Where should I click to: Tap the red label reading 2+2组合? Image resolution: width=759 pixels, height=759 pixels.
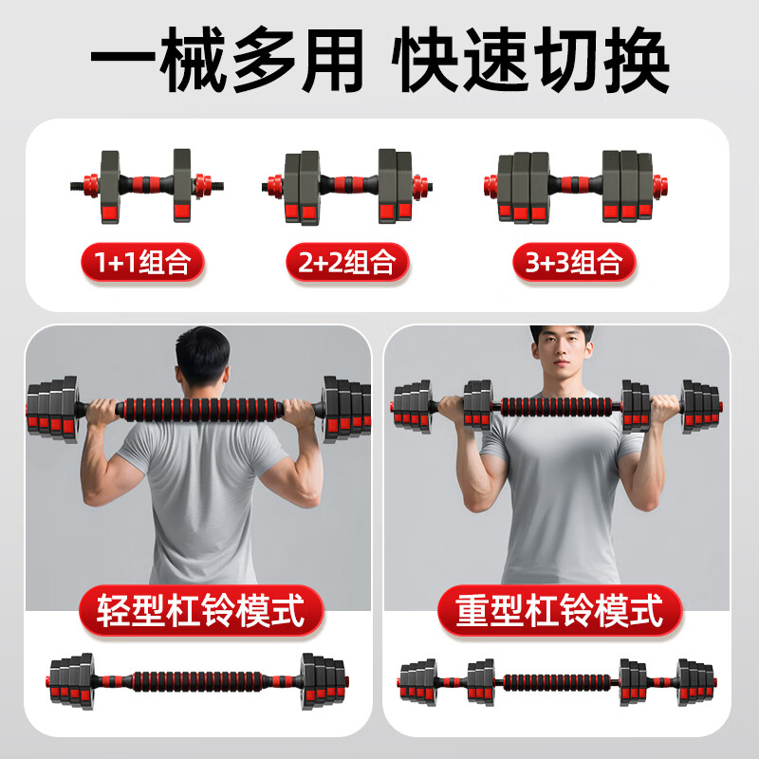tap(347, 261)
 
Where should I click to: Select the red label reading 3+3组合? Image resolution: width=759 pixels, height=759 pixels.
tap(574, 261)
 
